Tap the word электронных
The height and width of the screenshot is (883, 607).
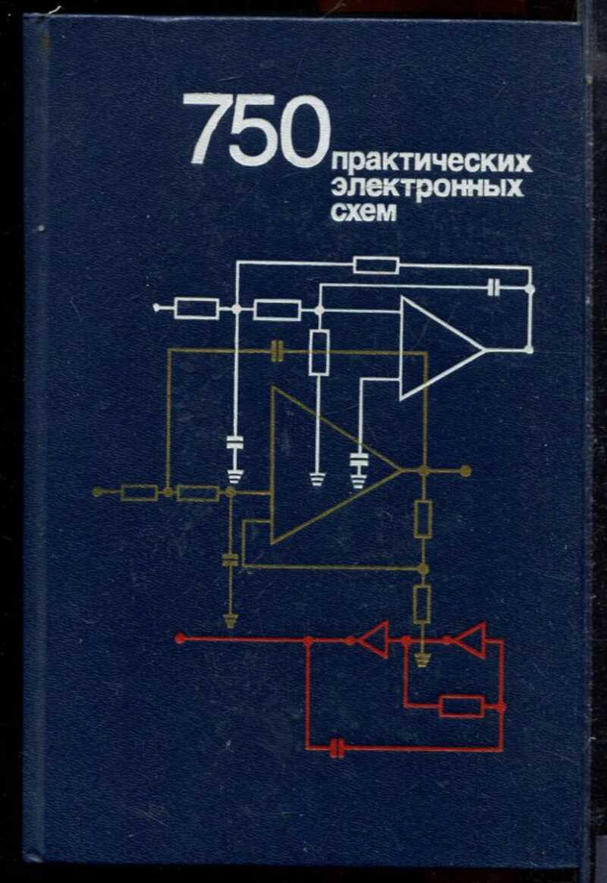pyautogui.click(x=427, y=187)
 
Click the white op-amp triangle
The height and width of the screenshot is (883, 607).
pyautogui.click(x=436, y=348)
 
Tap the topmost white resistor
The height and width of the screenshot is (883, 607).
pyautogui.click(x=376, y=265)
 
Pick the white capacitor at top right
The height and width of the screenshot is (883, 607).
pyautogui.click(x=495, y=288)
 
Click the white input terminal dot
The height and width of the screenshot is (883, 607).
pyautogui.click(x=156, y=309)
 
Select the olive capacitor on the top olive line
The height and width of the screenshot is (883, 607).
pyautogui.click(x=278, y=350)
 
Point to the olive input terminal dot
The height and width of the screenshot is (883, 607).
pyautogui.click(x=97, y=492)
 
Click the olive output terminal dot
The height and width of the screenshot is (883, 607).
pyautogui.click(x=465, y=471)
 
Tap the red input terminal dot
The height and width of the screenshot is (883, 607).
pyautogui.click(x=180, y=639)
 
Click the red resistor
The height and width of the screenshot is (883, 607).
pyautogui.click(x=461, y=706)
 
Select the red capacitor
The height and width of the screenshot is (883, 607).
pyautogui.click(x=338, y=749)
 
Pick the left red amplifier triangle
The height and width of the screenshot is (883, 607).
pyautogui.click(x=373, y=639)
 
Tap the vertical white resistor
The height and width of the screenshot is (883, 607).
pyautogui.click(x=319, y=352)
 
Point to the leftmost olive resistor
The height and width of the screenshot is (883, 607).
pyautogui.click(x=140, y=493)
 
